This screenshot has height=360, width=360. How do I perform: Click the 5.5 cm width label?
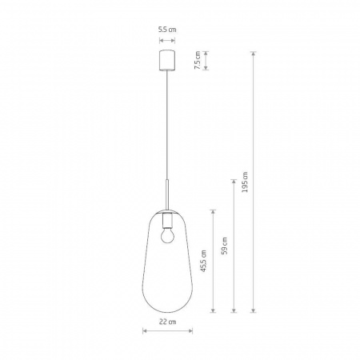(166, 29)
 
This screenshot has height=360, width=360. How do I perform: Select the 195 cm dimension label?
(245, 182)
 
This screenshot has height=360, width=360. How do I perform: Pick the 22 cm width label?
(166, 322)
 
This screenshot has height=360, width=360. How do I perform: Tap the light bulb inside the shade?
(166, 235)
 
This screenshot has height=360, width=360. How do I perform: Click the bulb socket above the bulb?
(166, 219)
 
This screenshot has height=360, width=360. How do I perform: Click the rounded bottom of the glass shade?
(166, 307)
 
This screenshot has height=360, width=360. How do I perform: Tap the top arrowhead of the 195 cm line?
(254, 54)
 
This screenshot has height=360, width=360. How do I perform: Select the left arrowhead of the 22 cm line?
(145, 330)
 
